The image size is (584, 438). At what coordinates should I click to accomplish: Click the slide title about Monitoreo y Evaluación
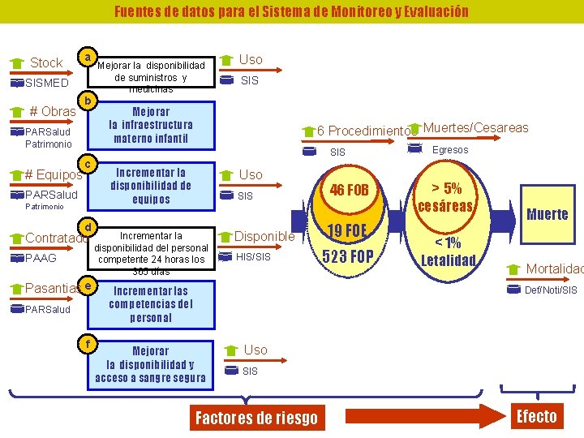click(x=291, y=11)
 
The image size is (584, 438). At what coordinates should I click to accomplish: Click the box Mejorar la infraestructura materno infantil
click(x=152, y=125)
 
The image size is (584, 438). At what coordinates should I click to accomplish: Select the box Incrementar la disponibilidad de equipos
click(x=152, y=185)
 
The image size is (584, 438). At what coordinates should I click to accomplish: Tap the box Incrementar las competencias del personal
click(x=152, y=304)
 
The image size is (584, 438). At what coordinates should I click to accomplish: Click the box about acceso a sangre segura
click(x=152, y=364)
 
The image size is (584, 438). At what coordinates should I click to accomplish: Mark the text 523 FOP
click(x=348, y=257)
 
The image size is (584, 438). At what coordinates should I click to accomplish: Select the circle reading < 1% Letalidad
click(x=449, y=251)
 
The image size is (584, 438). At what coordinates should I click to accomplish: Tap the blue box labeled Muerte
click(x=547, y=214)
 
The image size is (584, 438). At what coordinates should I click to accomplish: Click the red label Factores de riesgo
click(x=256, y=418)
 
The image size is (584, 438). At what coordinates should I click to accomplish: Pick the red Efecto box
click(x=537, y=416)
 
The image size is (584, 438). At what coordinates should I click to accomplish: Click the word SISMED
click(x=47, y=83)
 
